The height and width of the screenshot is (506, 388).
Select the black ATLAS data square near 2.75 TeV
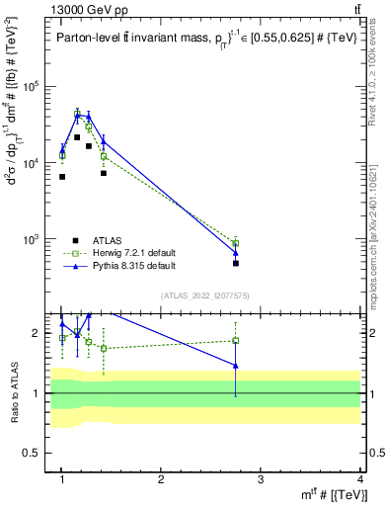tap(236, 264)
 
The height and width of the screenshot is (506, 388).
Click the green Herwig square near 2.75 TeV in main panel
tap(236, 243)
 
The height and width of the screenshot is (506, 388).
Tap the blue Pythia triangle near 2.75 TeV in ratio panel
tap(236, 366)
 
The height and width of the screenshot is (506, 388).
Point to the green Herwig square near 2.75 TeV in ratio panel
tap(236, 341)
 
